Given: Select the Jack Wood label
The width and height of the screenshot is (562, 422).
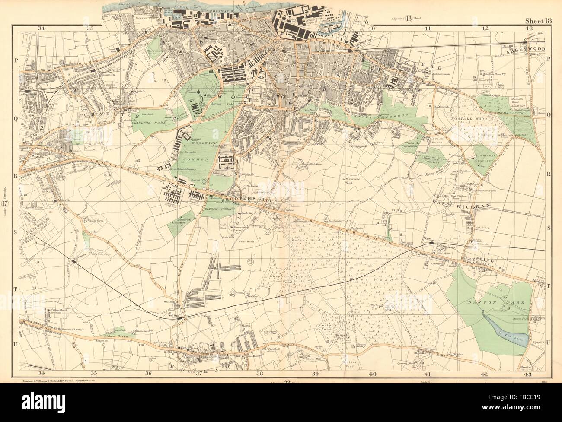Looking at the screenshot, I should tap(246, 241).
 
